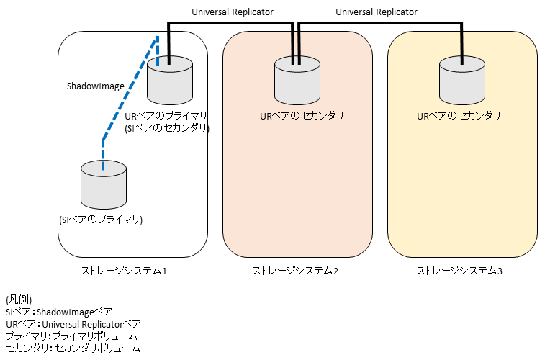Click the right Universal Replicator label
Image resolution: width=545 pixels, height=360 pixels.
[x=377, y=12]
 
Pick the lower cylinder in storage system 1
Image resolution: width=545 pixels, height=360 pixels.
[x=103, y=186]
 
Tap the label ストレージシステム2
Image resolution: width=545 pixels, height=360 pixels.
[x=295, y=271]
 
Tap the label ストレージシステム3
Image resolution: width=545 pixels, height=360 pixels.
[x=460, y=271]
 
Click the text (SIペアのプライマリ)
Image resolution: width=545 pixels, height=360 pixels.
[x=101, y=220]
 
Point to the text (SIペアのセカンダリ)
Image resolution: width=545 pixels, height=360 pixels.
[x=166, y=128]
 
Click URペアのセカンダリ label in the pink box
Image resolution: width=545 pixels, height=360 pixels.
[x=302, y=115]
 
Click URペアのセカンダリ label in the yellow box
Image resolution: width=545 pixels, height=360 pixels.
[x=459, y=115]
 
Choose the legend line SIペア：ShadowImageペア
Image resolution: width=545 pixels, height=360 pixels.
[x=59, y=312]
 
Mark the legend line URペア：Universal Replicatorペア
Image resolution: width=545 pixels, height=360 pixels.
[x=73, y=324]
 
